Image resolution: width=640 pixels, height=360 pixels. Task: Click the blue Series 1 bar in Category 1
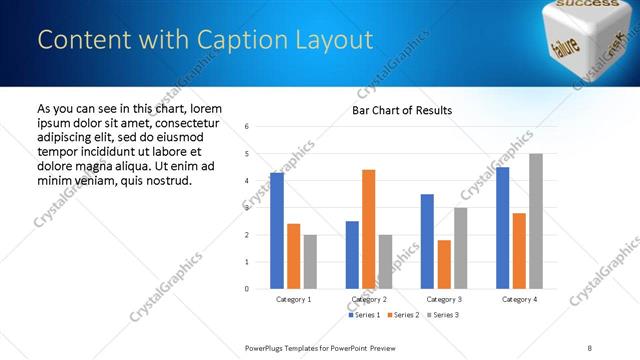(277, 231)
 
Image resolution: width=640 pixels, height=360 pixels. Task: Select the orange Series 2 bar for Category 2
(369, 229)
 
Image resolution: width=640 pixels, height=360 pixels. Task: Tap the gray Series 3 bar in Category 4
(536, 221)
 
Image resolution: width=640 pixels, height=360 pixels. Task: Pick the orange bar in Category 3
(444, 264)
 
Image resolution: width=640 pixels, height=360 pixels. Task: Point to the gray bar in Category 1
(311, 262)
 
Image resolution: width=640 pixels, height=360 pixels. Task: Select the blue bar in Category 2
(352, 255)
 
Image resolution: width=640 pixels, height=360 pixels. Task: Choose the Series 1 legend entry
(362, 315)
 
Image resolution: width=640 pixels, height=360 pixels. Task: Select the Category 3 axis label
(444, 299)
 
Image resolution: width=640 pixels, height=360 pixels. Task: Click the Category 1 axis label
(294, 299)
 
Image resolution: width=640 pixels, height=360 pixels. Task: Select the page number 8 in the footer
(589, 347)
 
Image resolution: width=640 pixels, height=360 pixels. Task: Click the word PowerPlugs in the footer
(267, 347)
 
